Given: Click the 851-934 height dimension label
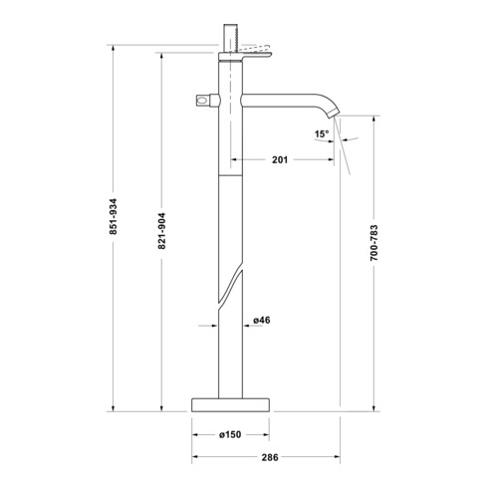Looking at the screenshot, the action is click(114, 216).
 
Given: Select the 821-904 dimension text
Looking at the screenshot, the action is click(161, 231).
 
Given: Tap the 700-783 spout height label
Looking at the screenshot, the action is click(373, 243).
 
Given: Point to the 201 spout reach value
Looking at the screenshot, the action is click(280, 159).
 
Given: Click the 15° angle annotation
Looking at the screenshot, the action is click(322, 133).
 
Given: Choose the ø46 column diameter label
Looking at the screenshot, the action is click(262, 320).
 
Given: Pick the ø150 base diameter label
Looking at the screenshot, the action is click(230, 434).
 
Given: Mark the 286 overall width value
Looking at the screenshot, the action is click(270, 457).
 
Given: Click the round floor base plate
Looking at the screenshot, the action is click(230, 404).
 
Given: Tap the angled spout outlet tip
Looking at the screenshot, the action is click(334, 113).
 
